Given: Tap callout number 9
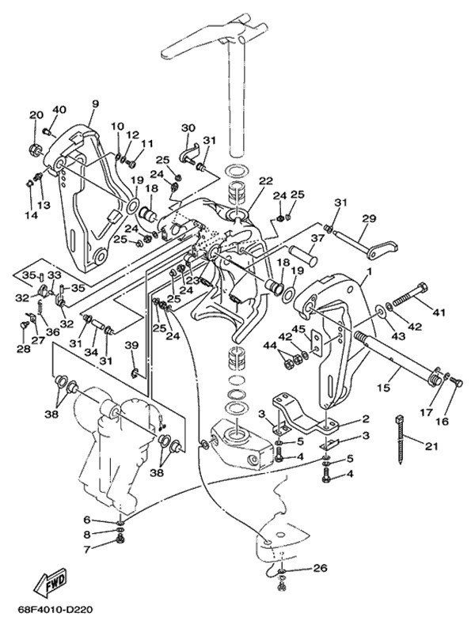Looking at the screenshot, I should point(95,104).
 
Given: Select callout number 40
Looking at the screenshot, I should point(59,110).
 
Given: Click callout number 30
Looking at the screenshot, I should point(188,129).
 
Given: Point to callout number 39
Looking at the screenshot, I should point(131,345).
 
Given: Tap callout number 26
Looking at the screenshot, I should point(319,568).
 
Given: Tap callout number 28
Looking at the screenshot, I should point(24,348).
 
